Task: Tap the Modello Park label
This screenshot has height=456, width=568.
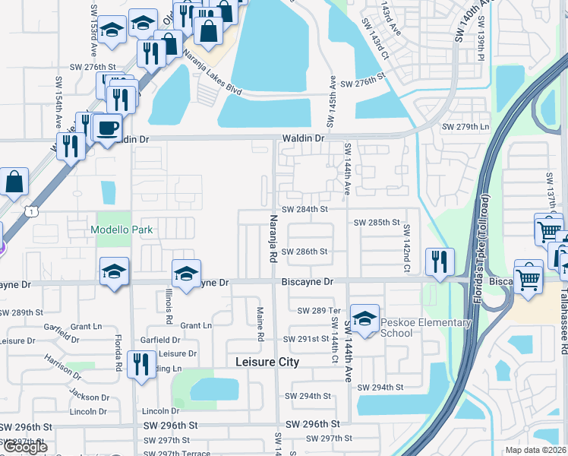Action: point(121,230)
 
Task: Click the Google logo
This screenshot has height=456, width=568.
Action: point(25,448)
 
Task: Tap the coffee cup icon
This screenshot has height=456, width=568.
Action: point(108,127)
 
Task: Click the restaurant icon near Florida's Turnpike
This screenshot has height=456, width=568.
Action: point(440,261)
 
